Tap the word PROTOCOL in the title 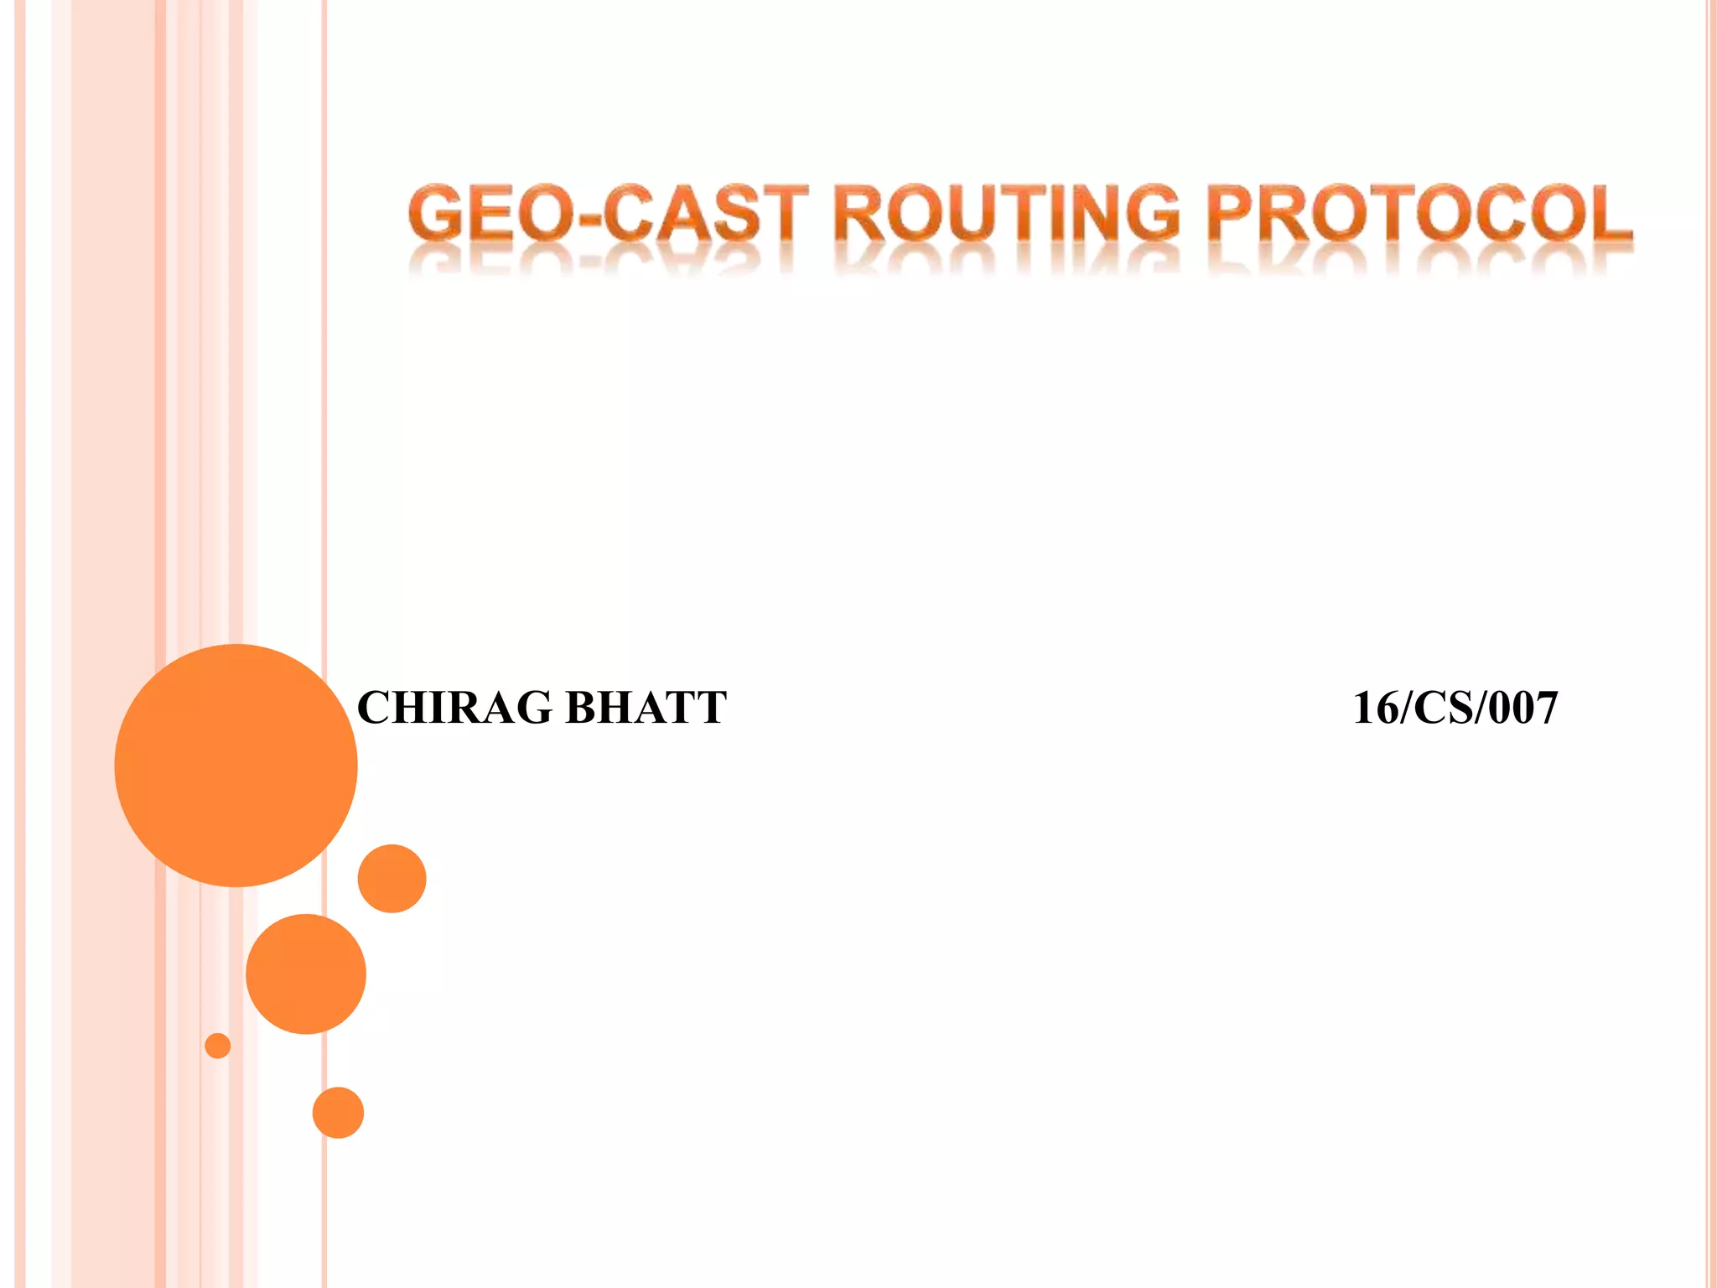click(x=1422, y=213)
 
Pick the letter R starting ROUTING click(x=860, y=213)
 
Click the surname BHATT click(x=646, y=708)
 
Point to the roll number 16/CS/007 click(x=1455, y=708)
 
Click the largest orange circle click(x=236, y=765)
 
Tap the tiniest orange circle click(x=218, y=1046)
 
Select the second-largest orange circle click(x=306, y=974)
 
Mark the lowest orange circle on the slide click(x=338, y=1113)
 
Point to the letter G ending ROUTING click(x=1152, y=213)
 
